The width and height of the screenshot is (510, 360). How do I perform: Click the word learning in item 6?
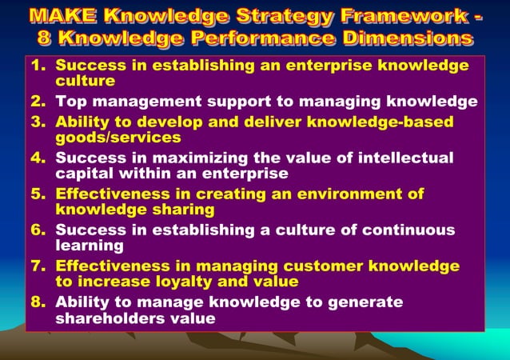(89, 246)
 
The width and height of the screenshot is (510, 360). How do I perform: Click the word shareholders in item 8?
(116, 318)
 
